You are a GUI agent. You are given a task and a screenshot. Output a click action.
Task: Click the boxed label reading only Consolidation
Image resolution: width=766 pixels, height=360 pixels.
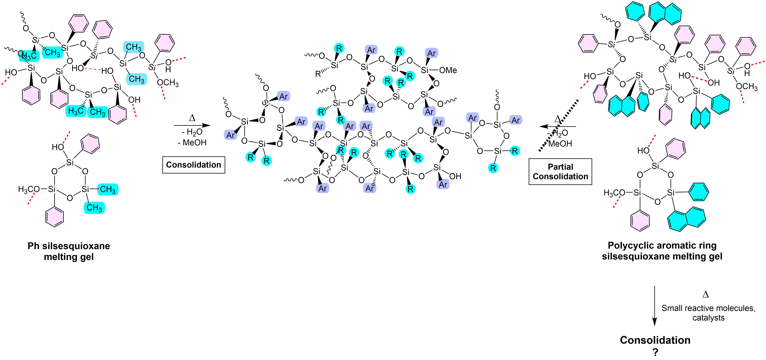coord(194,165)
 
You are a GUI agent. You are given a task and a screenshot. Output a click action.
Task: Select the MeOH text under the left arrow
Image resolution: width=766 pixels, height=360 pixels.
coord(194,143)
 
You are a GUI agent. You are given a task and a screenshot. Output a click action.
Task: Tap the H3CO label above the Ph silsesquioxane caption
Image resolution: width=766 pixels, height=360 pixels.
coord(29,189)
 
